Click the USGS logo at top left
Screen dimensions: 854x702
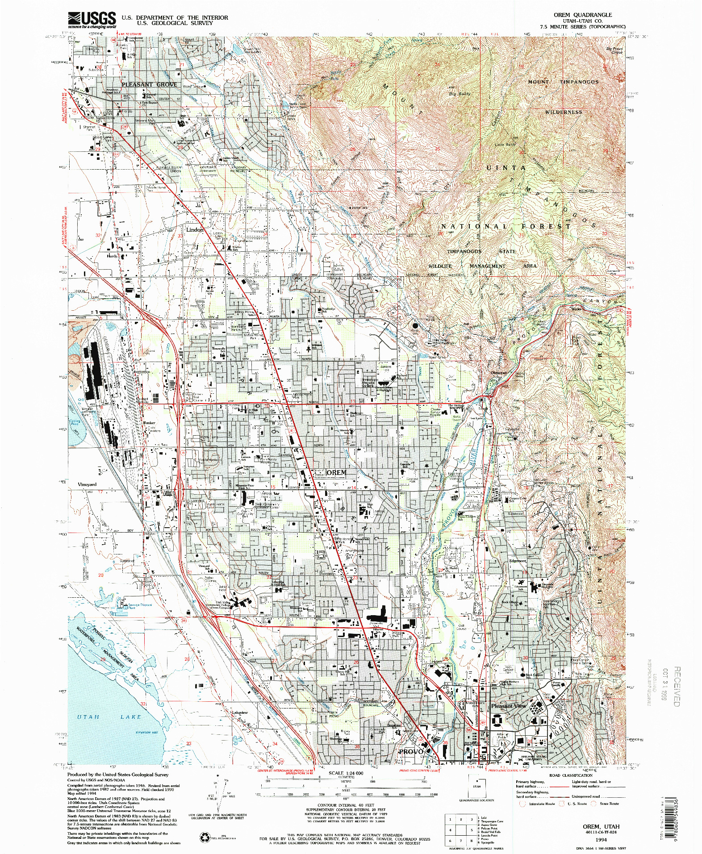(x=92, y=20)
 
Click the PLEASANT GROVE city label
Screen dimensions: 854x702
(x=149, y=84)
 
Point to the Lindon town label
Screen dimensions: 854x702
(x=195, y=229)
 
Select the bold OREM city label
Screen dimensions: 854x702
(x=336, y=472)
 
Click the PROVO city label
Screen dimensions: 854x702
(x=410, y=752)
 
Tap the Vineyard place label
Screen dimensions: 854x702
(x=87, y=484)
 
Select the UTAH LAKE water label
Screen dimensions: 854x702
(x=109, y=717)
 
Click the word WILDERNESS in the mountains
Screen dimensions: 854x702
(x=564, y=112)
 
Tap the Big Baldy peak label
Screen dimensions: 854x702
(x=460, y=94)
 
